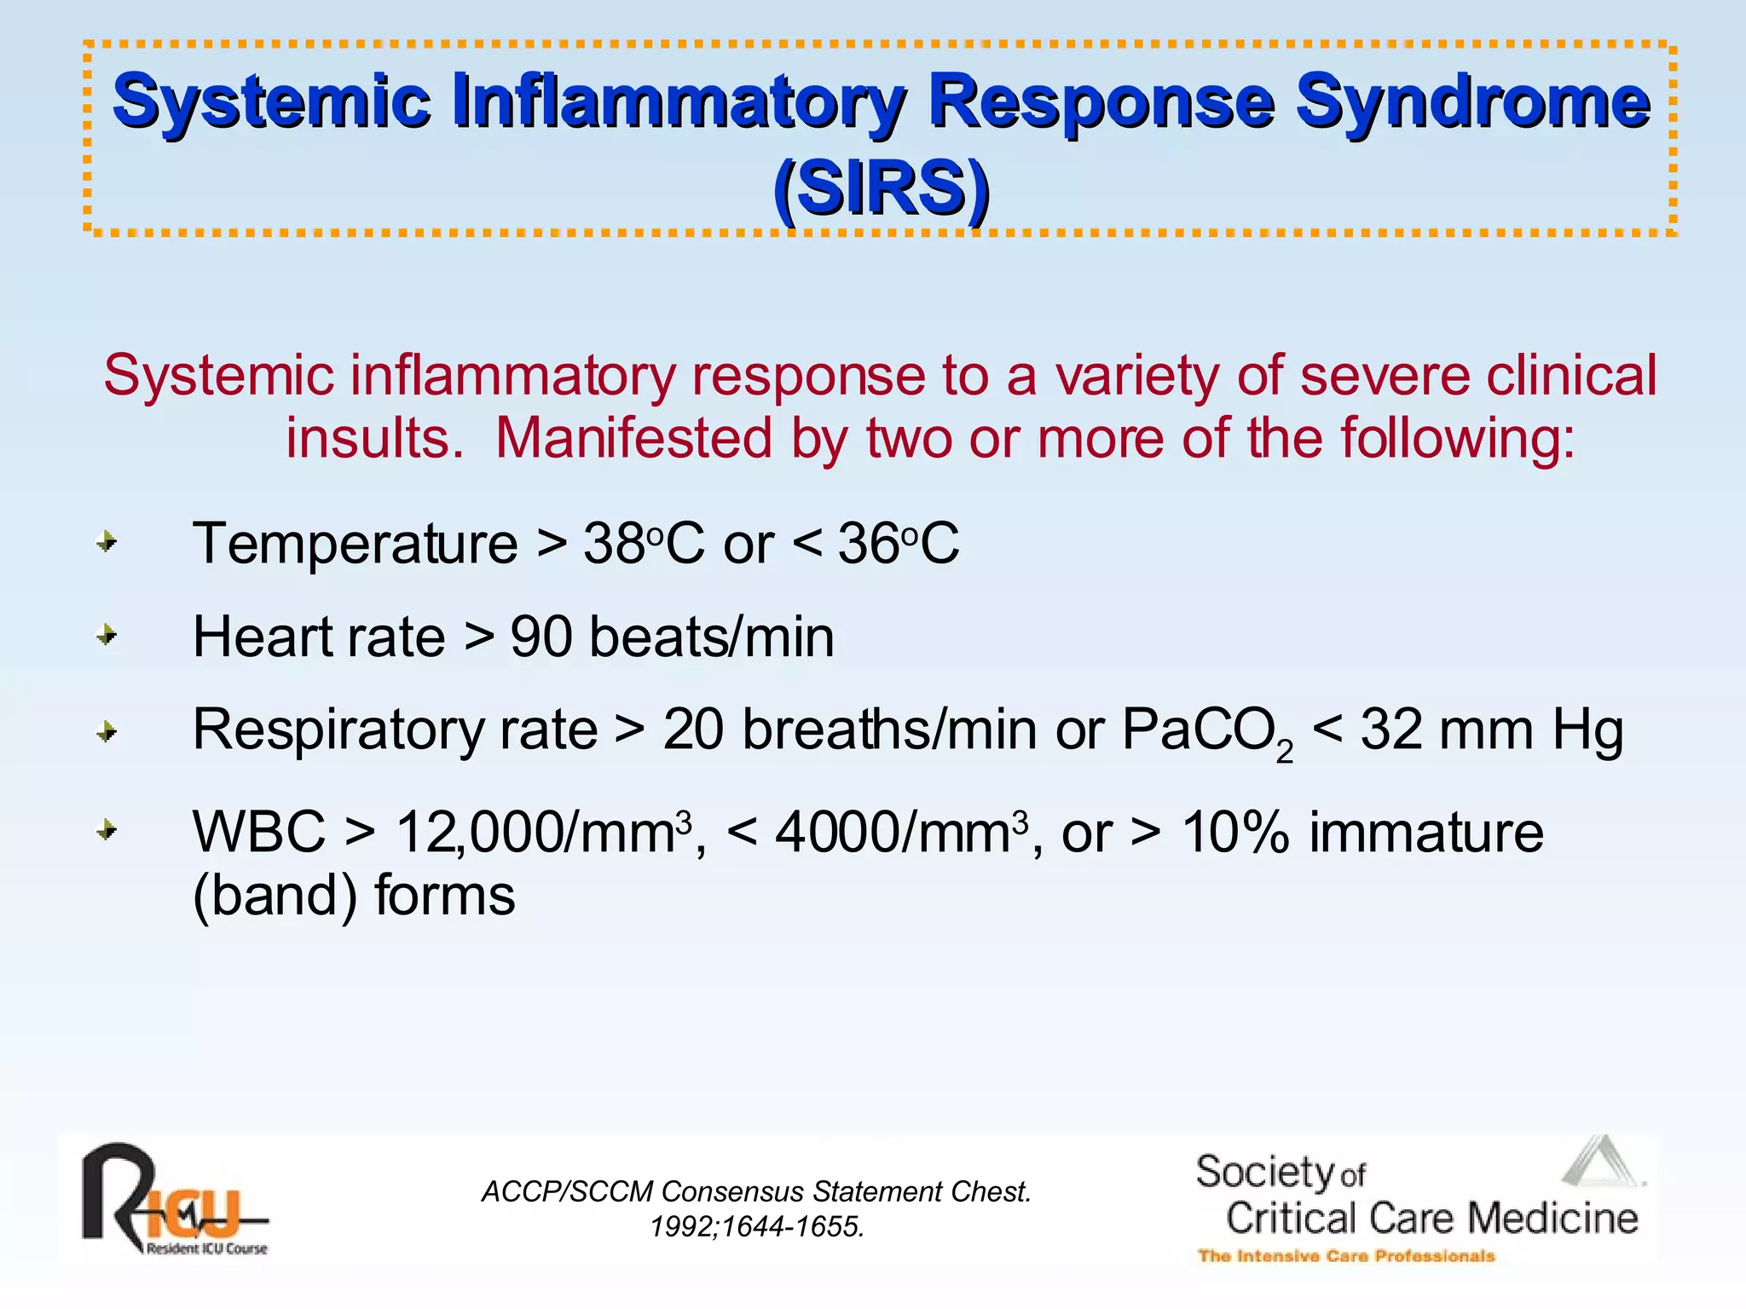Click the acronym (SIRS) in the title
pyautogui.click(x=881, y=189)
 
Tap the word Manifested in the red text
pyautogui.click(x=633, y=438)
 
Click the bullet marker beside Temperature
pyautogui.click(x=106, y=542)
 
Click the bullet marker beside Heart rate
pyautogui.click(x=106, y=636)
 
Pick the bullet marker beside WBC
pyautogui.click(x=106, y=830)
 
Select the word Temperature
pyautogui.click(x=355, y=544)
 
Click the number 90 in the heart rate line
pyautogui.click(x=541, y=637)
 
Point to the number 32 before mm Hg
pyautogui.click(x=1391, y=730)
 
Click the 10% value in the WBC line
pyautogui.click(x=1234, y=833)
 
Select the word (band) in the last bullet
pyautogui.click(x=275, y=896)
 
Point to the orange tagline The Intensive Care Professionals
pyautogui.click(x=1345, y=1256)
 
